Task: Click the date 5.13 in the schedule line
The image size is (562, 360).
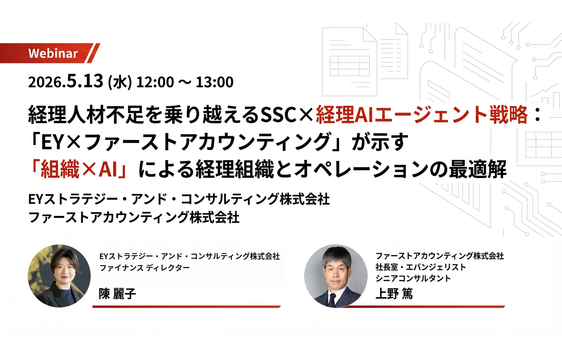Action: point(85,81)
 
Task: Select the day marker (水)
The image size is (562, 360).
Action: point(120,82)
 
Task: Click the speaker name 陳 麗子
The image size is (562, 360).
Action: point(117,294)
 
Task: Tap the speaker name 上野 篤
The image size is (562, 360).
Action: point(394,293)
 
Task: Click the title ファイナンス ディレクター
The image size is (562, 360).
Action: point(145,268)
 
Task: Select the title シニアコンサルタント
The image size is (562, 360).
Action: point(413,278)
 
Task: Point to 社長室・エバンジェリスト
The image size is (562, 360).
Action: point(420,267)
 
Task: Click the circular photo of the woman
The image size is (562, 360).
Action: point(59,276)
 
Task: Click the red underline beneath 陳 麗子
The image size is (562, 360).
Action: point(187,307)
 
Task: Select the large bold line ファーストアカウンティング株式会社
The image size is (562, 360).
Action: point(134,217)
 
